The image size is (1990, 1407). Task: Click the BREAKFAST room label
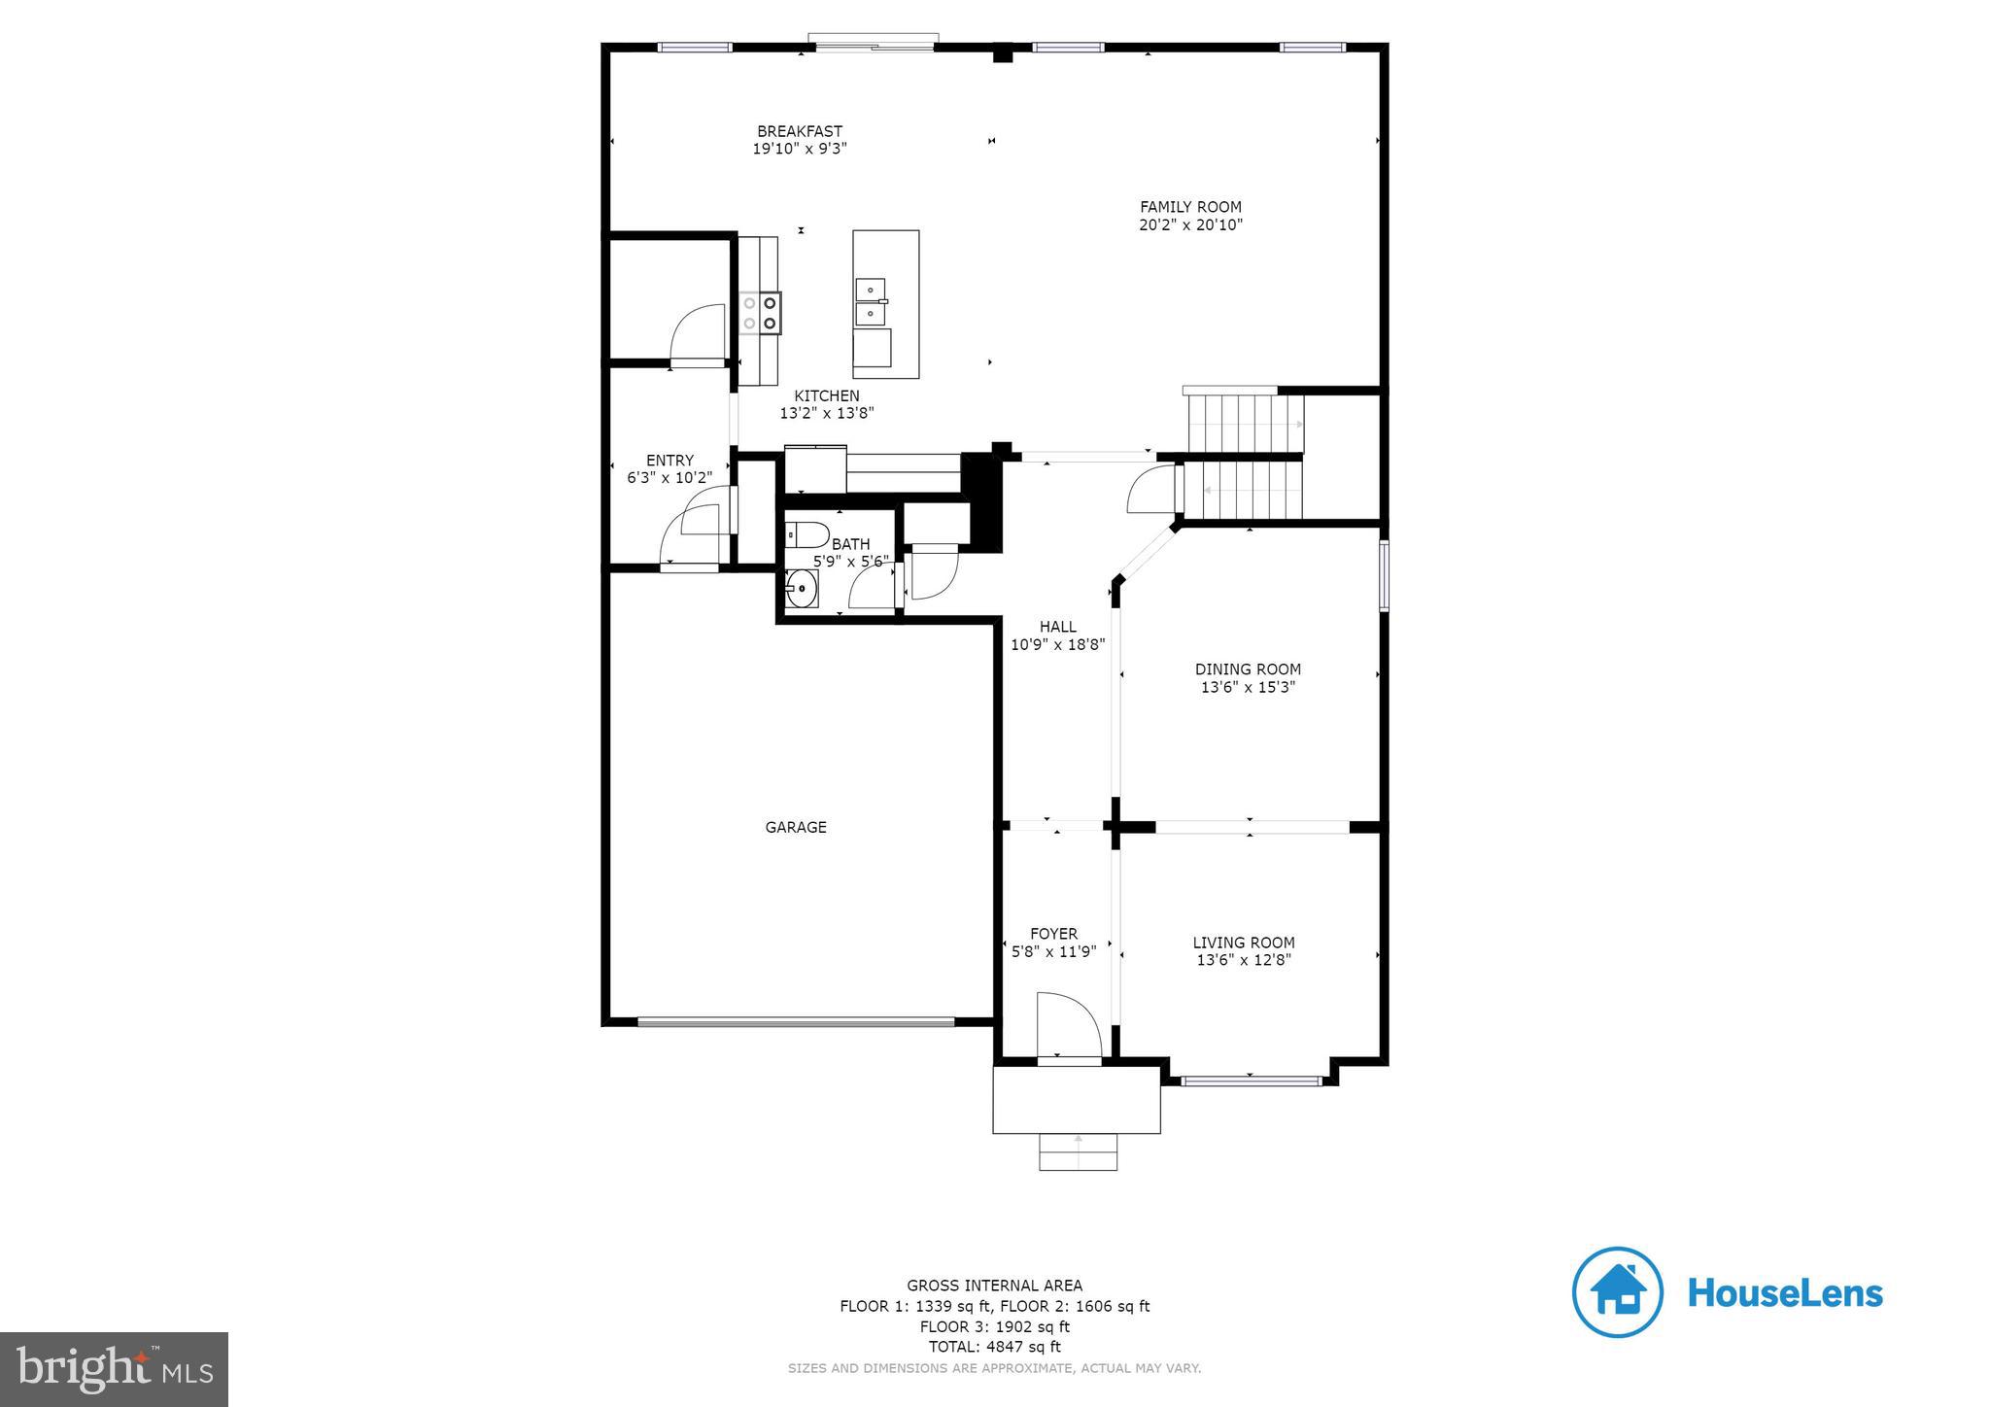tap(800, 131)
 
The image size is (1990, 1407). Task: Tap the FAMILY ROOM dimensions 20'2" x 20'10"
tap(1190, 225)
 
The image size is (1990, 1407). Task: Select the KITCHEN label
tap(827, 395)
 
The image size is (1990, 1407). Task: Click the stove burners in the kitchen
tap(760, 313)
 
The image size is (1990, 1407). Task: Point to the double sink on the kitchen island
tap(871, 301)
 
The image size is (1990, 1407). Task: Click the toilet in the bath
tap(806, 534)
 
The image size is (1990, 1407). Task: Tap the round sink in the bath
tap(802, 589)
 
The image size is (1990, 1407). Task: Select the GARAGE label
tap(796, 828)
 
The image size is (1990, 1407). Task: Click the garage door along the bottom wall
tap(796, 1021)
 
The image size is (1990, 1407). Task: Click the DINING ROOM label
tap(1248, 669)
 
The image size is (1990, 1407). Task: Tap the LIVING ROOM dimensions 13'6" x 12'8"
tap(1244, 960)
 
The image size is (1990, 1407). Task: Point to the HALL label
tap(1057, 627)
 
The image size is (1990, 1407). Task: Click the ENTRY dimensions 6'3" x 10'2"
tap(669, 478)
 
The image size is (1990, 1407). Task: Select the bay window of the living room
tap(1251, 1080)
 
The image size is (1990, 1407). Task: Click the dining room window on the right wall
tap(1384, 575)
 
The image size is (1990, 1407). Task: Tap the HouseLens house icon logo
tap(1617, 1292)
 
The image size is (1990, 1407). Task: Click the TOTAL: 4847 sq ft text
tap(994, 1347)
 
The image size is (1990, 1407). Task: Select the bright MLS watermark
tap(115, 1368)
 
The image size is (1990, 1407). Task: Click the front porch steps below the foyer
tap(1078, 1152)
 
